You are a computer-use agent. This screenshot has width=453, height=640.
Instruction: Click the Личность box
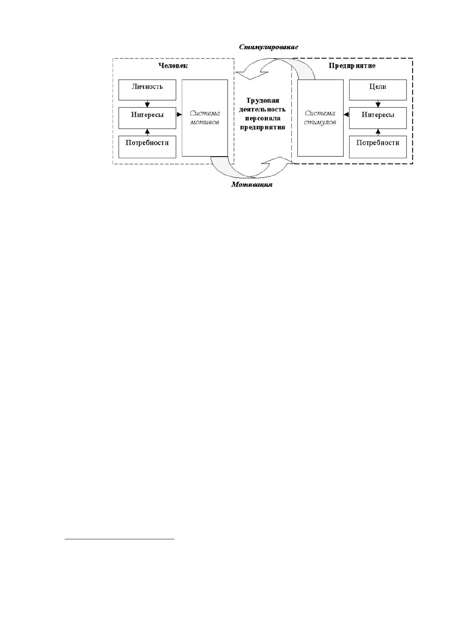coord(147,90)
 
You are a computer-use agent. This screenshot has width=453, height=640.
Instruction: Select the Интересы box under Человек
coord(147,118)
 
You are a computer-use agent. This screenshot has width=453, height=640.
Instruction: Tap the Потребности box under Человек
coord(147,147)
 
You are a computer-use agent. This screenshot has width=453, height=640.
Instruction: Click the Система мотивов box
coord(205,118)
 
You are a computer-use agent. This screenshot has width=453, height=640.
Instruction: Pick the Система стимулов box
coord(320,118)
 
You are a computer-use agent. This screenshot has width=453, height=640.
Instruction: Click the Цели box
coord(378,90)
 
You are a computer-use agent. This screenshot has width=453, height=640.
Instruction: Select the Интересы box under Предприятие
coord(378,118)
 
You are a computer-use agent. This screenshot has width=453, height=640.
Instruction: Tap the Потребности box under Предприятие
coord(378,147)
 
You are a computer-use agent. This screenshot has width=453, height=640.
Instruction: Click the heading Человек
coord(173,65)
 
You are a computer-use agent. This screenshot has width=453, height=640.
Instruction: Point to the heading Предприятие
coord(352,66)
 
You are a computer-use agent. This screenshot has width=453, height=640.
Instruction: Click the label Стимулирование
coord(268,47)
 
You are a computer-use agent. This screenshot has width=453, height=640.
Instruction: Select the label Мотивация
coord(252,185)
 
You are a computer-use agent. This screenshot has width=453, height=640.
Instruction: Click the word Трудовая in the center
coord(262,101)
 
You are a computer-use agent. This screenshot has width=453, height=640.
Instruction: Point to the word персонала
coord(262,118)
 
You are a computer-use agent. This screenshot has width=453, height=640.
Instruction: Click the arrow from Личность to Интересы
coord(147,104)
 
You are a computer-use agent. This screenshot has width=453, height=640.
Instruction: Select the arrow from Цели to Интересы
coord(378,104)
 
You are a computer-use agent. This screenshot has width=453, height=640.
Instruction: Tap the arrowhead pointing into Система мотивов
coord(179,115)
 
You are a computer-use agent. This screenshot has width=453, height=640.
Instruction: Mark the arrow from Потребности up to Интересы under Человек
coord(147,132)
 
